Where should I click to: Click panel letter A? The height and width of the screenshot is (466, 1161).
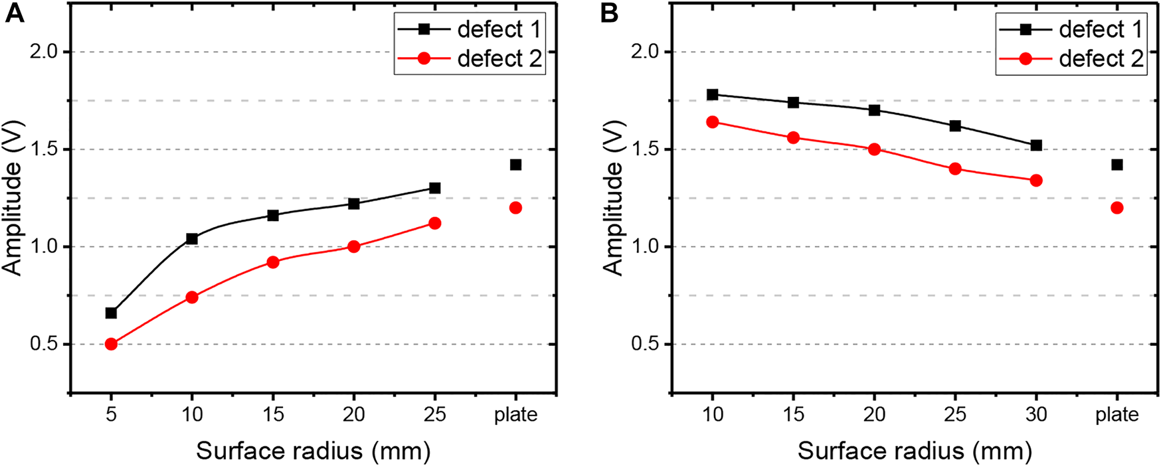[x=14, y=13]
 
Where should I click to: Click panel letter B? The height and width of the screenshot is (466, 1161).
[x=609, y=13]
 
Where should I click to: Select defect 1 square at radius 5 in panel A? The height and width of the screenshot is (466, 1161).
[x=111, y=313]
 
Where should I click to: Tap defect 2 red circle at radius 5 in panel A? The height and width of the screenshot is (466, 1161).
[x=111, y=344]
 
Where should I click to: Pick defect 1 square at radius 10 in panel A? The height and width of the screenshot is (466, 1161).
[x=192, y=238]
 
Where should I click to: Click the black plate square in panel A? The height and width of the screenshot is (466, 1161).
[x=515, y=165]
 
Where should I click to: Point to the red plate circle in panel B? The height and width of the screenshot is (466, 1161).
[x=1116, y=208]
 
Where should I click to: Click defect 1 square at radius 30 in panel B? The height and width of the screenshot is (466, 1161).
[x=1035, y=145]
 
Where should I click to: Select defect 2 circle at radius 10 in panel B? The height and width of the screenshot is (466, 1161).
[x=713, y=121]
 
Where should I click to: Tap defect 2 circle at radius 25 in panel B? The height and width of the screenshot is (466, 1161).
[x=955, y=169]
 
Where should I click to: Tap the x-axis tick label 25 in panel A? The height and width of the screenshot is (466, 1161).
[x=434, y=415]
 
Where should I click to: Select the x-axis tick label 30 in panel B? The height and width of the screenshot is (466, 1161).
[x=1035, y=415]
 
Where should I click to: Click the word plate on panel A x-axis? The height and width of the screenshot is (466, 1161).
[x=515, y=415]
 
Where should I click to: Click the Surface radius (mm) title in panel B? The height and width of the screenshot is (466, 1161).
[x=914, y=451]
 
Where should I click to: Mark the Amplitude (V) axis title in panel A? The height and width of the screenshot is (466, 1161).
[x=13, y=198]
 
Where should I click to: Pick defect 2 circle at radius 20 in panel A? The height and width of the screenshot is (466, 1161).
[x=353, y=246]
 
